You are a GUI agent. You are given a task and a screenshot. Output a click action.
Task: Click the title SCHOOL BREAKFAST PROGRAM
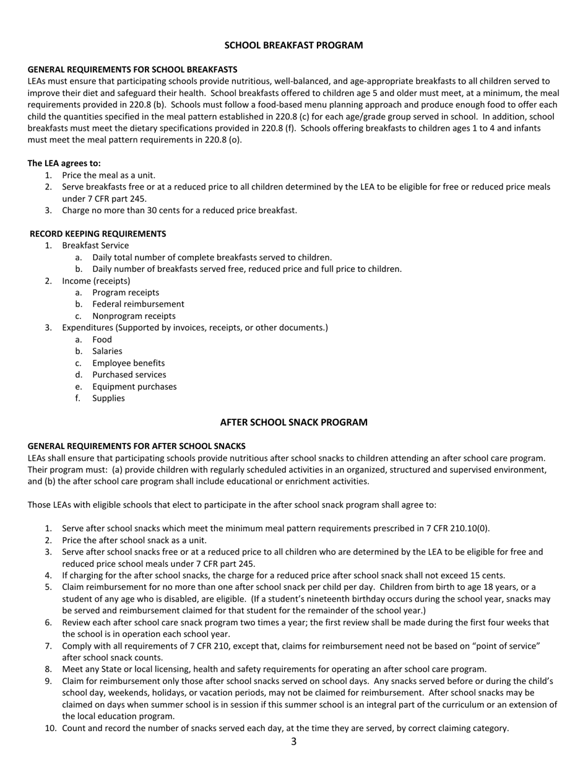(x=293, y=45)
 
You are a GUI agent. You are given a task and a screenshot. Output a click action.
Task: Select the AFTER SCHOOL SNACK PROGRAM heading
(x=293, y=423)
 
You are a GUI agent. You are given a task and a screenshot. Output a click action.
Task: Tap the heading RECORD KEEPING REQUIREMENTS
(x=98, y=234)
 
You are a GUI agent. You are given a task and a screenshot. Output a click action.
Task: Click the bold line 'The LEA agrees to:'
(x=64, y=164)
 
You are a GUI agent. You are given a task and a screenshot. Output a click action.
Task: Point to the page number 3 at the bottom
(x=293, y=742)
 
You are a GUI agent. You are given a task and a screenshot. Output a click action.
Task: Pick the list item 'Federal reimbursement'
(x=138, y=304)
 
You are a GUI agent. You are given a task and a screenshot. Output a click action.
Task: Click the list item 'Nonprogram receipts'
(x=134, y=316)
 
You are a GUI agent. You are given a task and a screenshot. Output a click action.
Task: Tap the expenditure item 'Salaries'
(x=107, y=351)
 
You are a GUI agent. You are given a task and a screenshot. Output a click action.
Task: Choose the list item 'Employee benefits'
(x=128, y=363)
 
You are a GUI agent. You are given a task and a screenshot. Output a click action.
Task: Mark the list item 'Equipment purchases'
(x=134, y=387)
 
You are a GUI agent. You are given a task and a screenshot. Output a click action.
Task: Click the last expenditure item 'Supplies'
(x=108, y=398)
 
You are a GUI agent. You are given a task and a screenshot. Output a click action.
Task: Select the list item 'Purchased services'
(x=129, y=375)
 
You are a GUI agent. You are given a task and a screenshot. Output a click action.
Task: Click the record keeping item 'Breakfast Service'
(x=95, y=245)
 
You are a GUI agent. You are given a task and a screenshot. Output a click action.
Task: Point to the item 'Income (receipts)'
(x=96, y=281)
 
